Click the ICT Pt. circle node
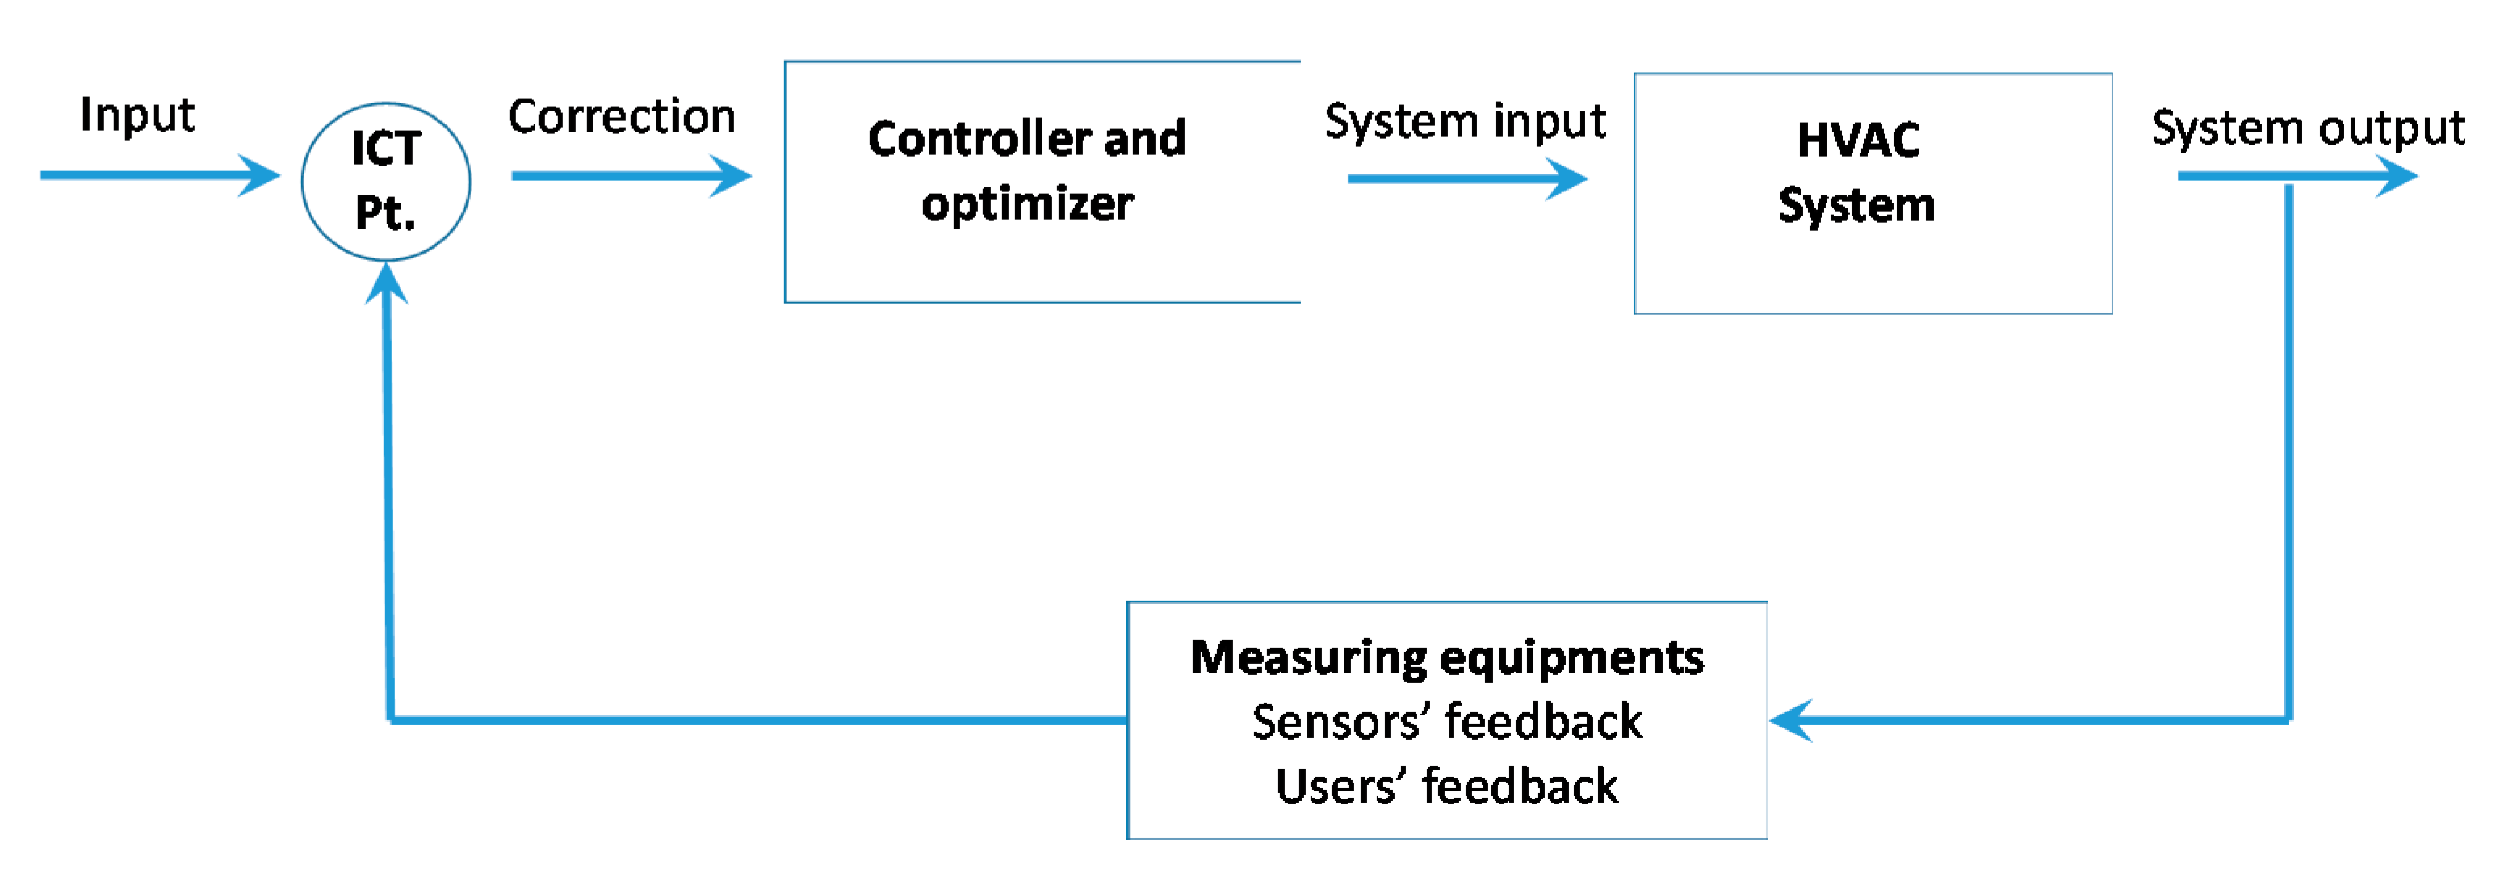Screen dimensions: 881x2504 pos(386,182)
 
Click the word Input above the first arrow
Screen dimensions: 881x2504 pos(137,115)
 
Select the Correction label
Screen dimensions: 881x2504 pos(621,117)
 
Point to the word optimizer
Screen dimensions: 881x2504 pos(1026,204)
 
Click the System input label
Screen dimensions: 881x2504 pos(1465,123)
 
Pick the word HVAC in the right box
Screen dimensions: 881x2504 pos(1857,140)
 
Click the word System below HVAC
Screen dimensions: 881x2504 pos(1856,206)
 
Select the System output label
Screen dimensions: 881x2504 pos(2308,128)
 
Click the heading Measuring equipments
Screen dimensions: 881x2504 pos(1446,658)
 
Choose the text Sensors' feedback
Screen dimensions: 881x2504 pos(1446,723)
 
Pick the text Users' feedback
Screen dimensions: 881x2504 pos(1446,787)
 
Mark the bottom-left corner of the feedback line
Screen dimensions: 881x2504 pos(391,720)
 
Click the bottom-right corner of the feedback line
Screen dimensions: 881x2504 pos(2289,720)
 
